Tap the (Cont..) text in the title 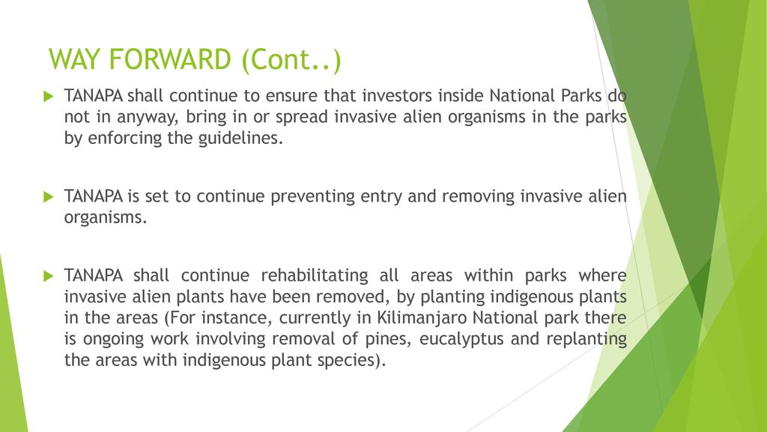coord(291,60)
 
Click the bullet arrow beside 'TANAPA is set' coord(49,197)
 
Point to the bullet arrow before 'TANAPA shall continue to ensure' coord(49,96)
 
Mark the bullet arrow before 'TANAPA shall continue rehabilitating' coord(49,276)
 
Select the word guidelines coord(240,139)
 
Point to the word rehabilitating coord(315,276)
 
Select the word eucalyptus coord(461,340)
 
